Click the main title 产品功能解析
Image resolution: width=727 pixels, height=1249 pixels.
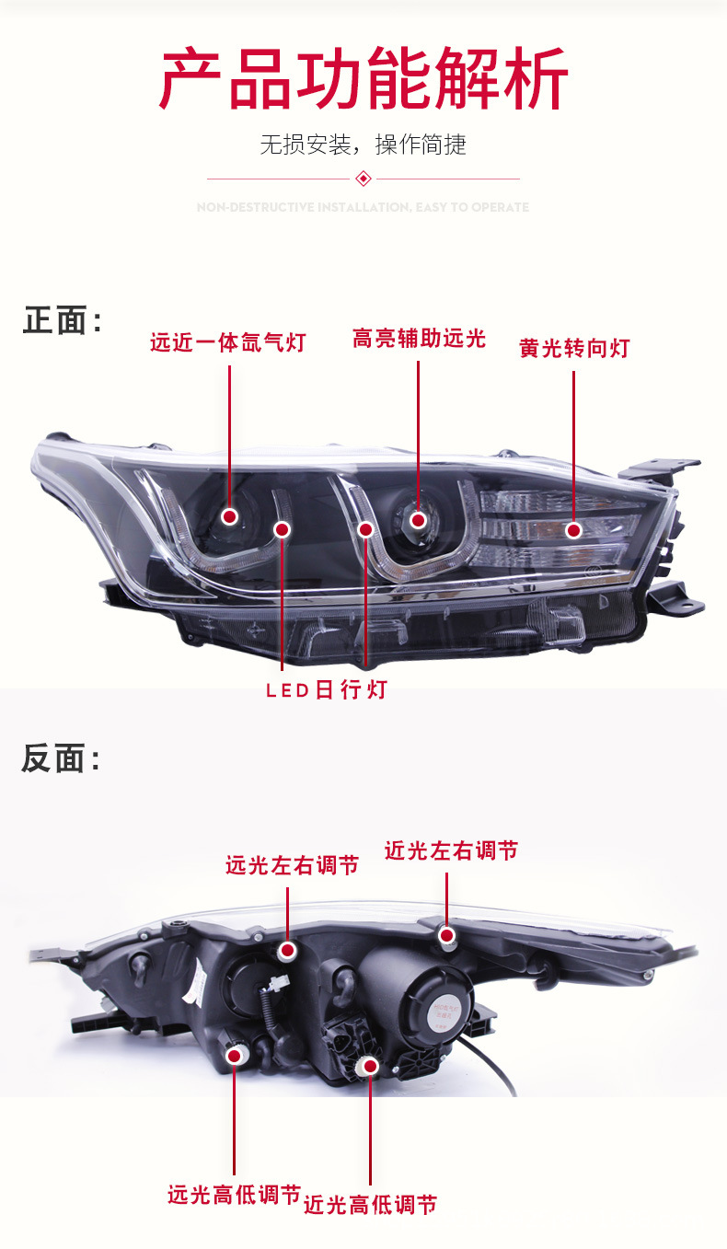363,80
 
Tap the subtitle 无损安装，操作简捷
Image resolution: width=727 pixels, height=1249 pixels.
363,145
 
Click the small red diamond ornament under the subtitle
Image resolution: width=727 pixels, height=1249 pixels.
363,178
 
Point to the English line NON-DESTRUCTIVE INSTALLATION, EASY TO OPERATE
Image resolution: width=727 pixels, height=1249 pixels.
363,207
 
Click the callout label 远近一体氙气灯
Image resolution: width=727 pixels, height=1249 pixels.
227,343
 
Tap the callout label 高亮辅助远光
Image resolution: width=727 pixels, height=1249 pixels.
419,339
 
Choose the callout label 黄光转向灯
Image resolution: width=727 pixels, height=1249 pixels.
574,348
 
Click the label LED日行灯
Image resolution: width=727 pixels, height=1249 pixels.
327,689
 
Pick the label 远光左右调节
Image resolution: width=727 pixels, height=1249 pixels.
292,865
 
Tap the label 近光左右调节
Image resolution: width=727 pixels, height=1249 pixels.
451,850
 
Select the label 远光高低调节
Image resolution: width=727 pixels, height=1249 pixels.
234,1195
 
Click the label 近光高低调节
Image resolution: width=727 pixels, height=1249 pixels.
370,1203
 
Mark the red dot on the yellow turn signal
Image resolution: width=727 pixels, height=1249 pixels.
573,530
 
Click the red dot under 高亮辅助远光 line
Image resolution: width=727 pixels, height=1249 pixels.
419,520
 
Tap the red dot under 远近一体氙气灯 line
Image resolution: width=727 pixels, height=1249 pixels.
229,516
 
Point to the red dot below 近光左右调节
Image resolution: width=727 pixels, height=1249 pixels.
447,936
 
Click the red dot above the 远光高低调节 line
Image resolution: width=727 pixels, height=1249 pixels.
234,1055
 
